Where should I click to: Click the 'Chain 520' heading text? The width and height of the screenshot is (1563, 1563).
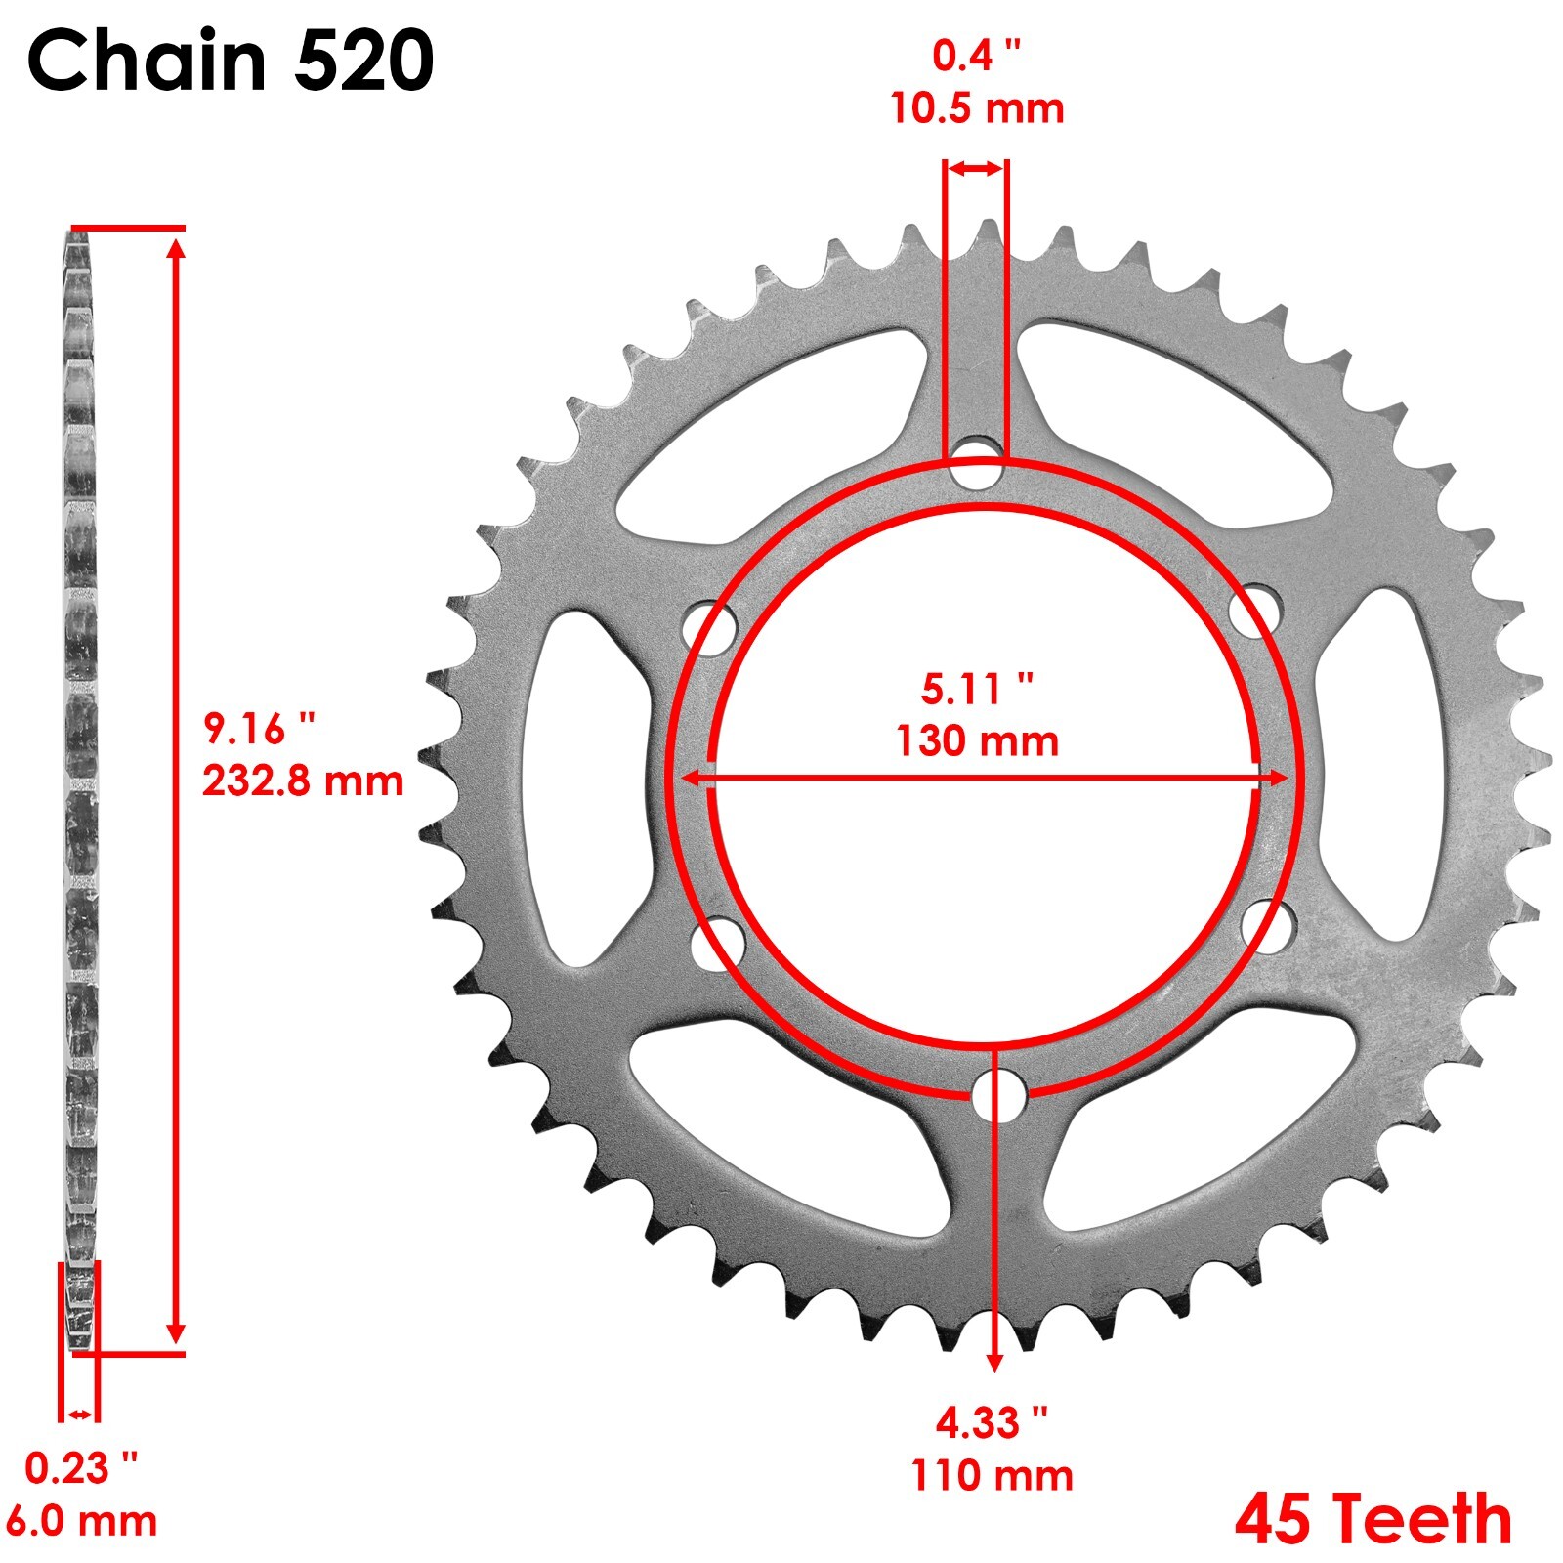pos(231,61)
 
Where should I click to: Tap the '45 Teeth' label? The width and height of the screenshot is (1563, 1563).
pos(1373,1520)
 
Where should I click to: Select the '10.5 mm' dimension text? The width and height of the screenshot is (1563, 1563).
pos(976,108)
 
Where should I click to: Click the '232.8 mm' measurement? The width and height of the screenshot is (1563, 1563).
pos(303,781)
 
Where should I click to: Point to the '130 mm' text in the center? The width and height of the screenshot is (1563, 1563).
pos(977,741)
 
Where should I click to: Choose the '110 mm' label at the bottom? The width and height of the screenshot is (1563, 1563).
pos(992,1475)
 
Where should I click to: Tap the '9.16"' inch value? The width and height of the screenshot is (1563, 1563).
pos(259,729)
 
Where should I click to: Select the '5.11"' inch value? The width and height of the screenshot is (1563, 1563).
pos(977,689)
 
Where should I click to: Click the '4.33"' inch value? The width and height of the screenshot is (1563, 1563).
pos(992,1423)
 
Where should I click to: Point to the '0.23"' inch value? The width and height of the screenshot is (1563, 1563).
pos(81,1468)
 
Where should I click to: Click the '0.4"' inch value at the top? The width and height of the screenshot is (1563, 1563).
pos(976,57)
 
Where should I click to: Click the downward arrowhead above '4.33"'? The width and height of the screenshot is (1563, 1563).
pos(994,1362)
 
